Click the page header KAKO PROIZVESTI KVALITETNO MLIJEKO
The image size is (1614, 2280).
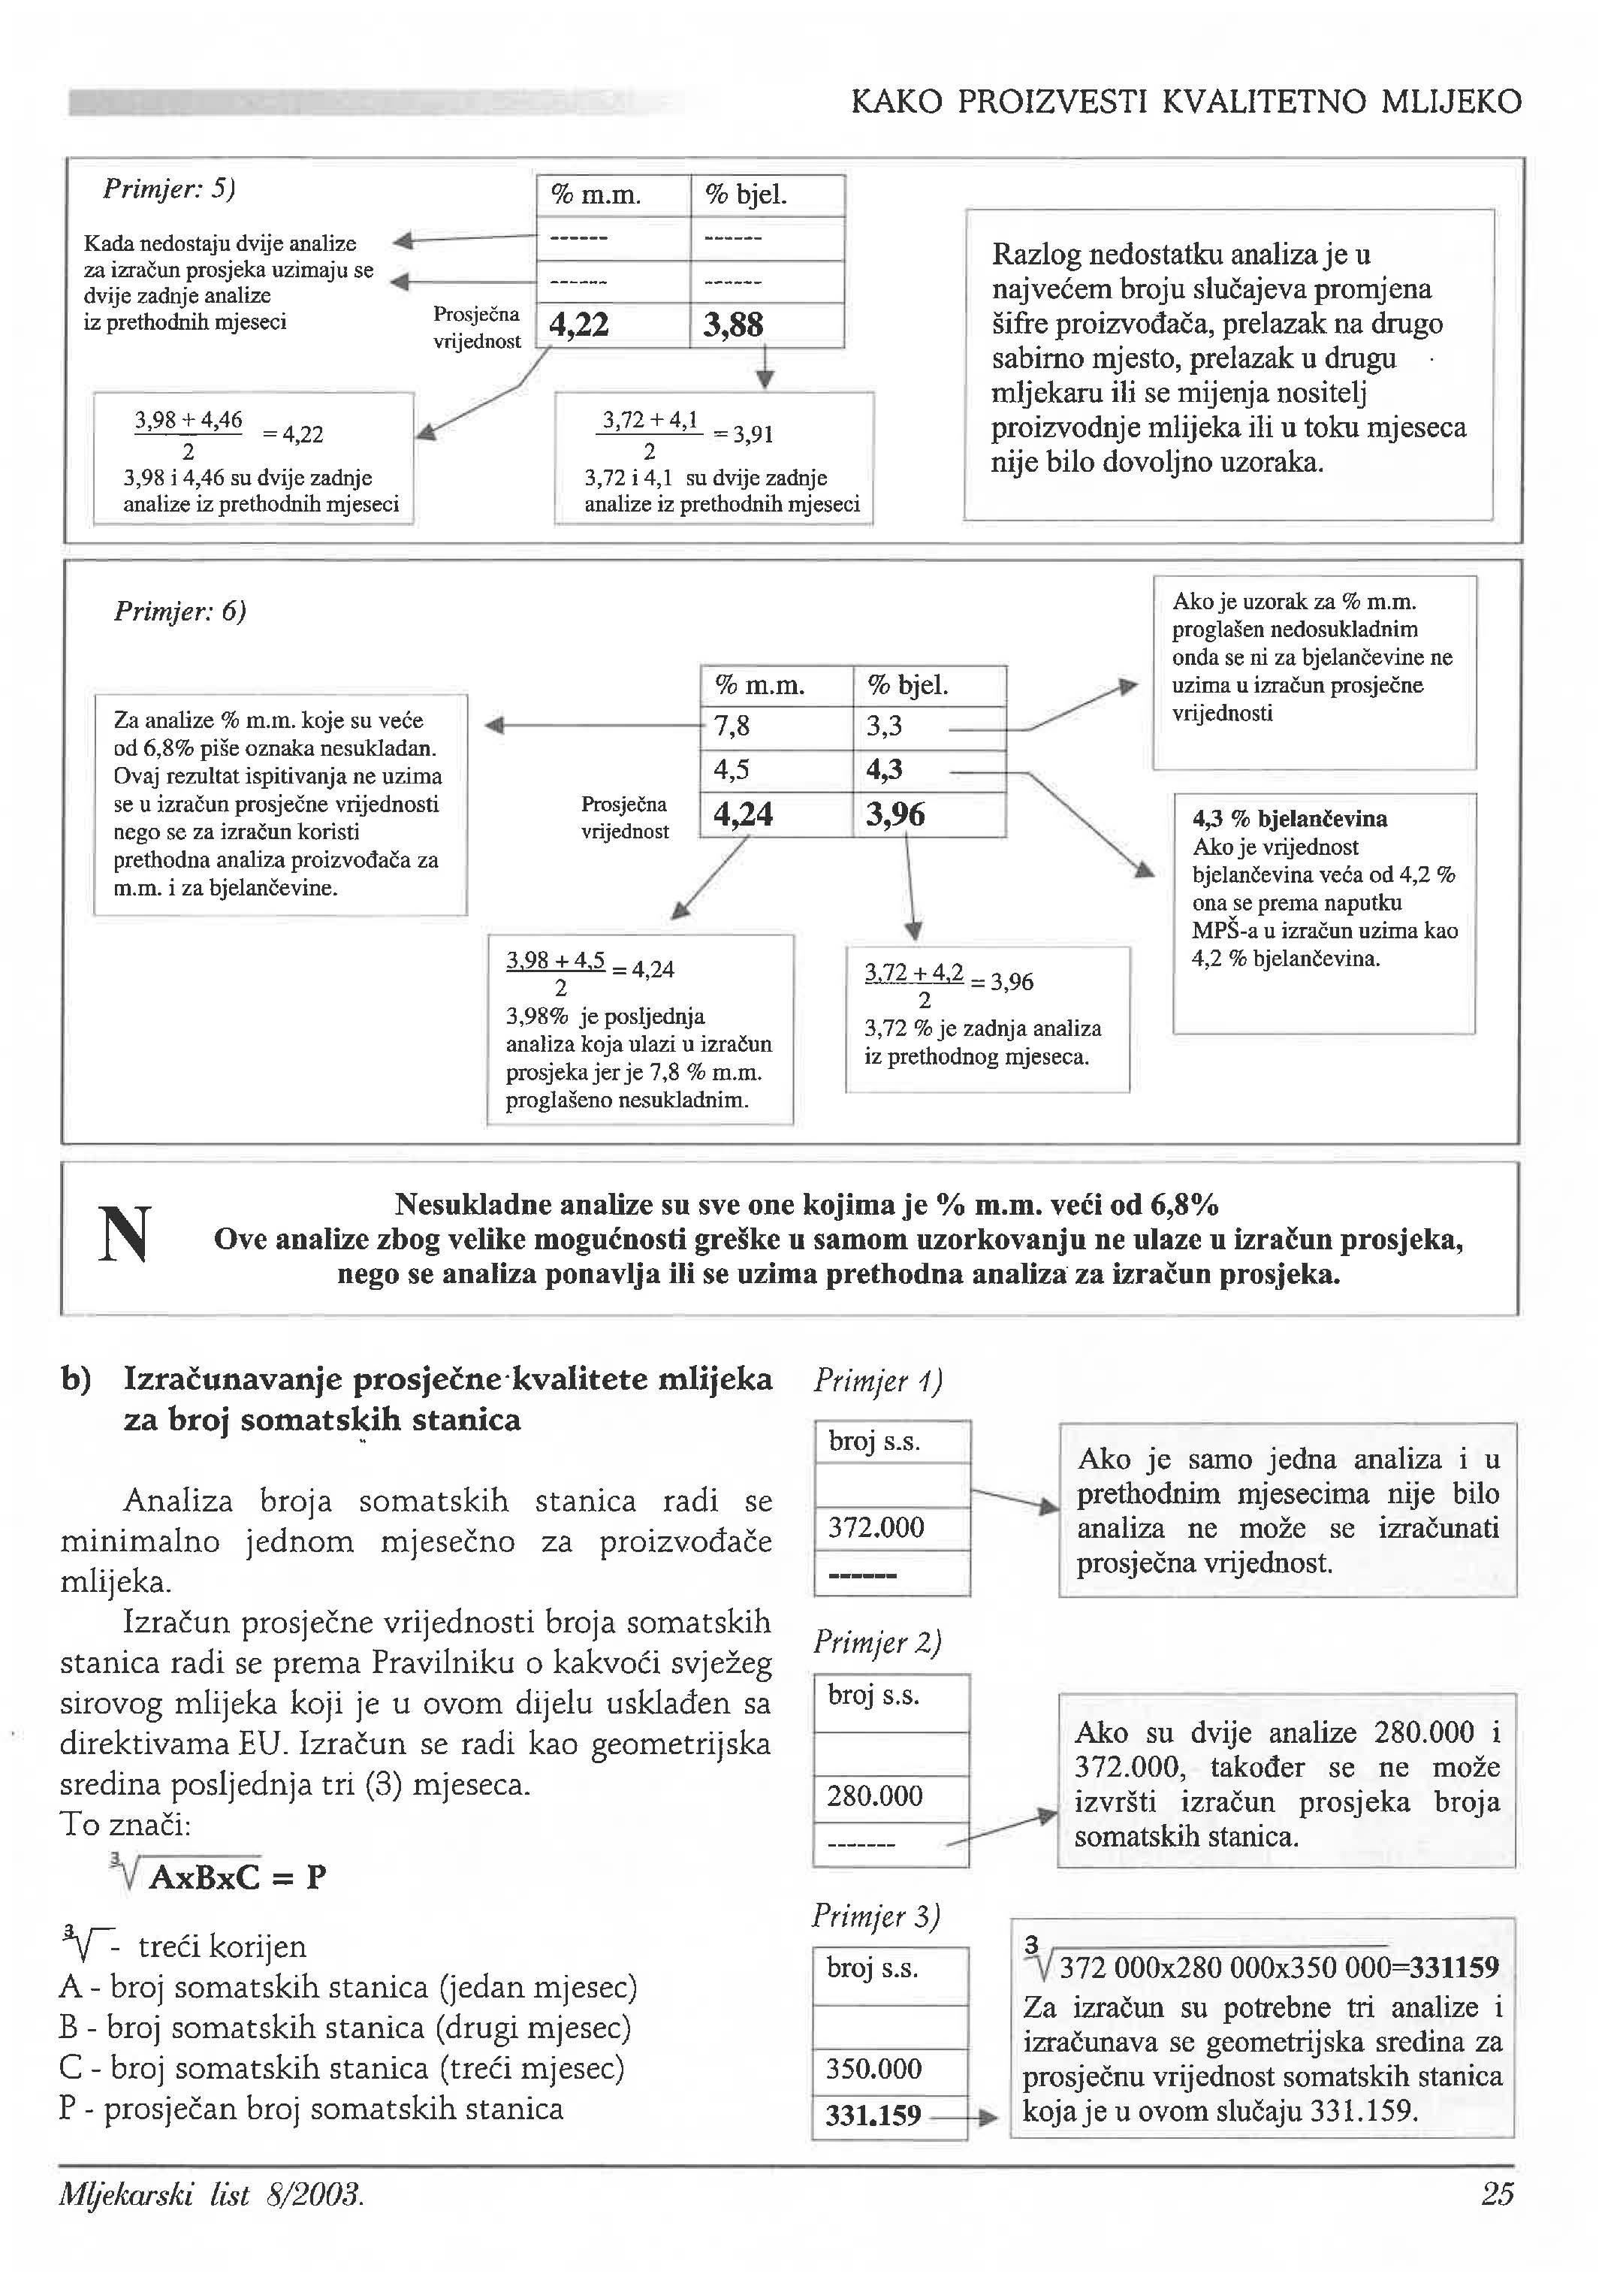pyautogui.click(x=1186, y=101)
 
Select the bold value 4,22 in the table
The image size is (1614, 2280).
pyautogui.click(x=578, y=325)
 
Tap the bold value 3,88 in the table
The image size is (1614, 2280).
pyautogui.click(x=734, y=325)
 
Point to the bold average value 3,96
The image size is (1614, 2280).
pyautogui.click(x=895, y=815)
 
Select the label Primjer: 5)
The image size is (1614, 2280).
pyautogui.click(x=169, y=189)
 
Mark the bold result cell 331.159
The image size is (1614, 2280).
pyautogui.click(x=873, y=2115)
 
